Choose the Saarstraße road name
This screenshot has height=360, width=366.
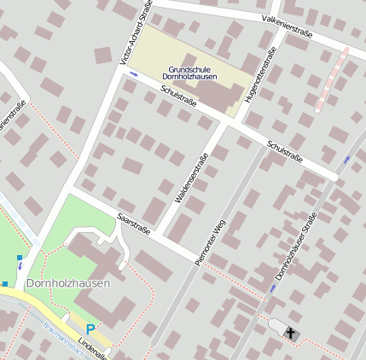point(134,224)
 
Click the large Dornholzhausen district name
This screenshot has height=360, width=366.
point(67,283)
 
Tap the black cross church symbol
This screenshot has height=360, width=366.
point(291,333)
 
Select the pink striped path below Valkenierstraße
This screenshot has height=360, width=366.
point(333,80)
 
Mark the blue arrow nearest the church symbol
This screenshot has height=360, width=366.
point(272,288)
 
